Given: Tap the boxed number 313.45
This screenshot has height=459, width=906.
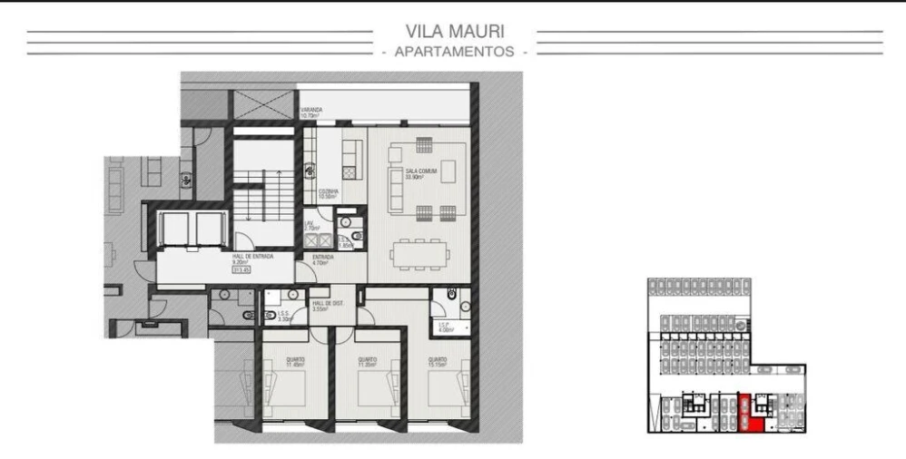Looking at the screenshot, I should tap(241, 269).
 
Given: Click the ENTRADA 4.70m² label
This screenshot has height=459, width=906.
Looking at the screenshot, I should tap(324, 260).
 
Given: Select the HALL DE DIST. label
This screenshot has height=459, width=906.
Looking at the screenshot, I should tap(325, 306).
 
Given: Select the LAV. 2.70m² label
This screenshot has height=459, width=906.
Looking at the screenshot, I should tap(310, 226).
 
